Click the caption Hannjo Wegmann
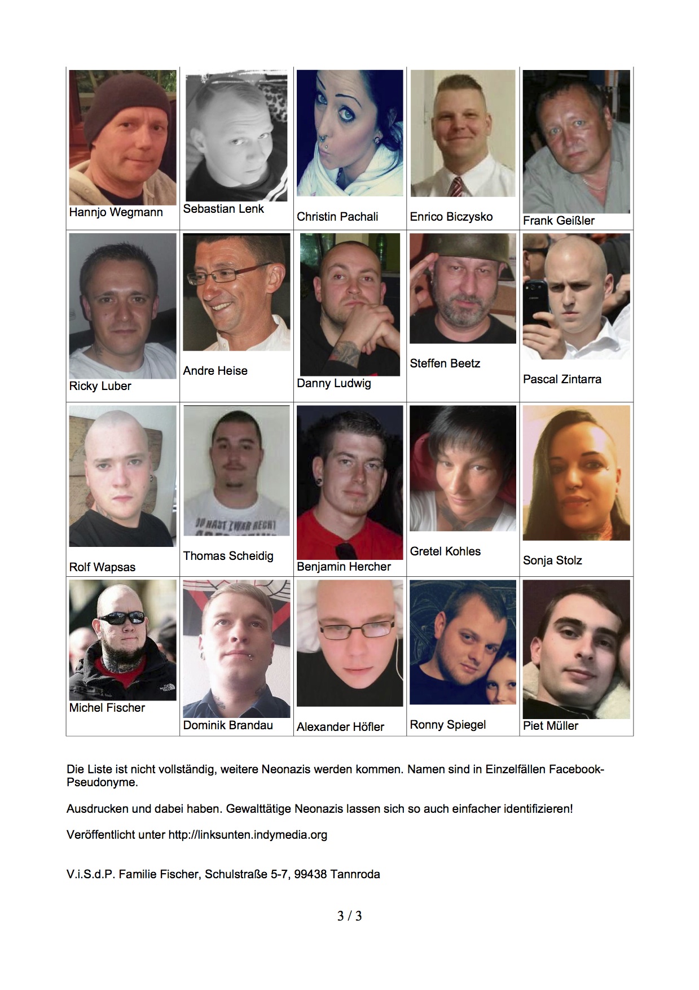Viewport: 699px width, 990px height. (x=116, y=212)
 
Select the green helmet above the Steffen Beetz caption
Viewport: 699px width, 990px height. (x=463, y=248)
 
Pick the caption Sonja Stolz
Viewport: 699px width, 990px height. (x=552, y=560)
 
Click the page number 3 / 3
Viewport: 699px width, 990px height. (x=349, y=915)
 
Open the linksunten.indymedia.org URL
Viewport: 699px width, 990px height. (x=248, y=835)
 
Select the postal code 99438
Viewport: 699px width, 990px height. (x=310, y=874)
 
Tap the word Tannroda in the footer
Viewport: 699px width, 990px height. (x=355, y=874)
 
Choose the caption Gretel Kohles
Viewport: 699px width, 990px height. (x=445, y=551)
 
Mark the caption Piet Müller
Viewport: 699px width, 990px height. (x=550, y=726)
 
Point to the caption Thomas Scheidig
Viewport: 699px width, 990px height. (x=228, y=556)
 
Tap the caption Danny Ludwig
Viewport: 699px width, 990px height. (x=333, y=383)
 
